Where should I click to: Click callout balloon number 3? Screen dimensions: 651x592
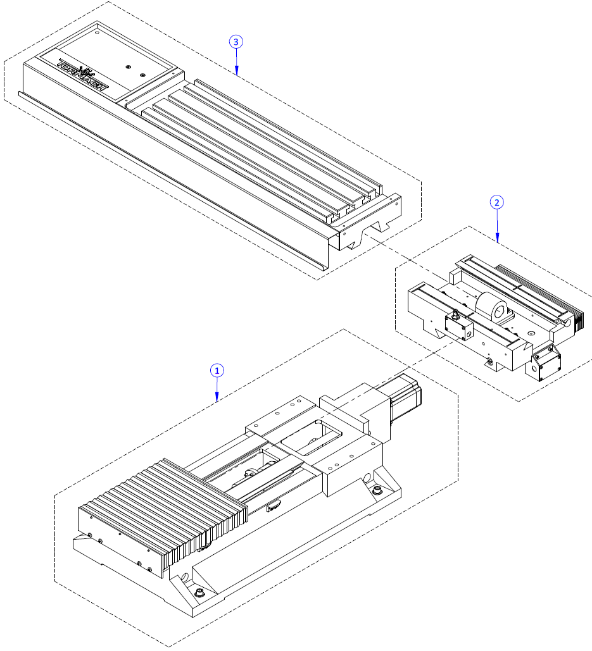pos(236,42)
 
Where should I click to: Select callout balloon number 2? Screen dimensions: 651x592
pos(497,202)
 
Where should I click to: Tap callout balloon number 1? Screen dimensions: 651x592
pos(217,369)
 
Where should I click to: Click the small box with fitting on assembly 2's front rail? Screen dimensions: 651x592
pos(457,325)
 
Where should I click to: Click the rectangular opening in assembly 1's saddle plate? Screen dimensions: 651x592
pos(310,437)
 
